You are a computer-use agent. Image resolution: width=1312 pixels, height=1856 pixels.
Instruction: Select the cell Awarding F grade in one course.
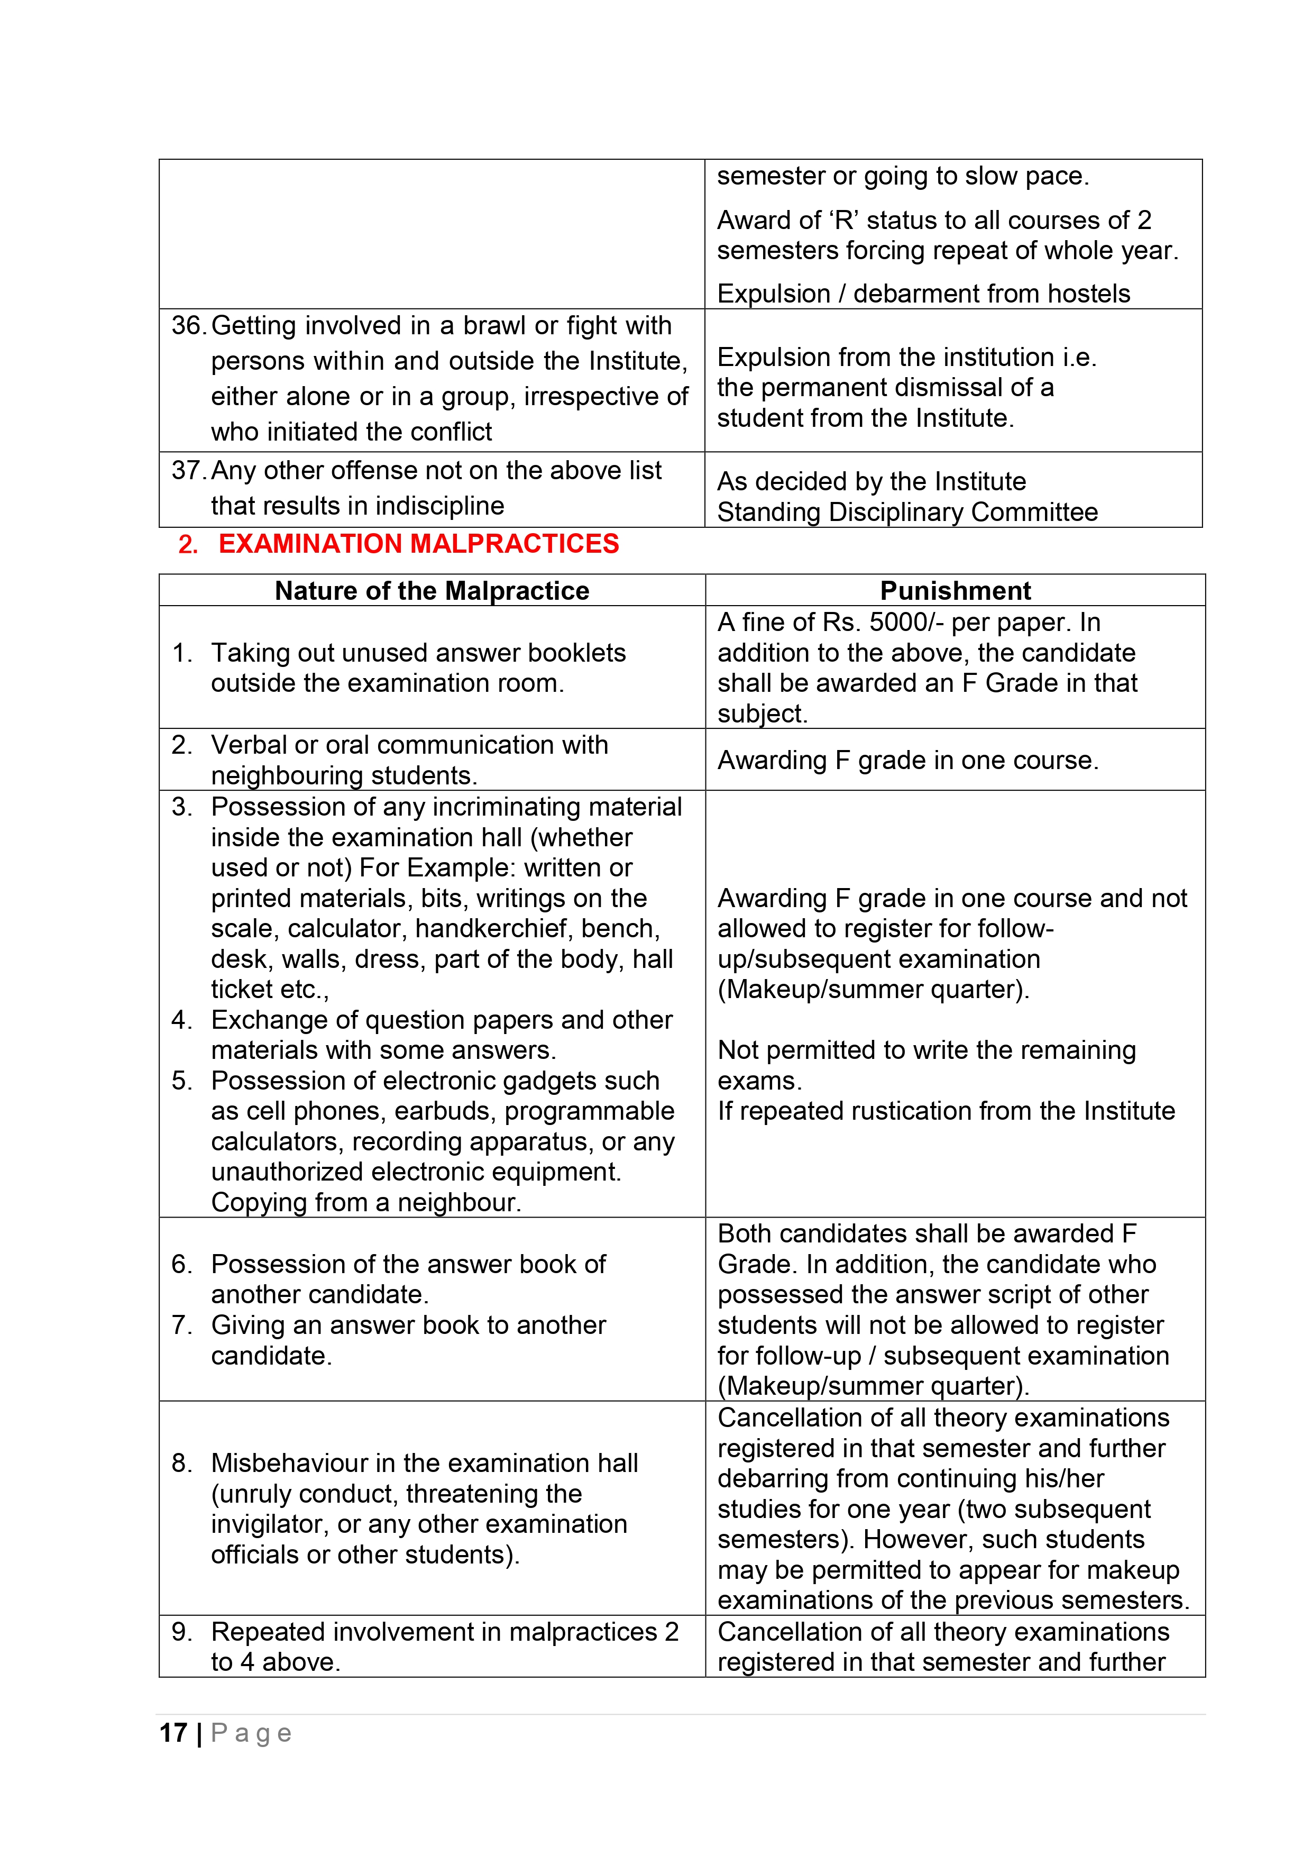[907, 761]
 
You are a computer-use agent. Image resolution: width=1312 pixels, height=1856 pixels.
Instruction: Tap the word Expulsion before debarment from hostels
[773, 294]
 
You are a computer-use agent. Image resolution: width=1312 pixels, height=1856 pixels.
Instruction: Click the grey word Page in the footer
[251, 1733]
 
